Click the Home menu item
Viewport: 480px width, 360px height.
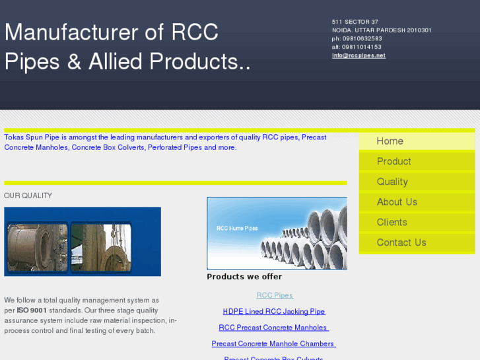(390, 141)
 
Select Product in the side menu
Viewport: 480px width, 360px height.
(394, 162)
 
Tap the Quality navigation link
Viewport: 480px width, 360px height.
(392, 182)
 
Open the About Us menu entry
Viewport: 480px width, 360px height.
(397, 202)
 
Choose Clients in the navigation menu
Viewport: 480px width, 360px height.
(392, 223)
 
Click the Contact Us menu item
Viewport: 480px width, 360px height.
(401, 243)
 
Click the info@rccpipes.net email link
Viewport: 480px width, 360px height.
(359, 55)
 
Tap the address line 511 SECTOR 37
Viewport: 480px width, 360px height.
(355, 22)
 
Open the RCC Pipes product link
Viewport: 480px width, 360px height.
(275, 295)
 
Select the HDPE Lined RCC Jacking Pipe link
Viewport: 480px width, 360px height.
(274, 311)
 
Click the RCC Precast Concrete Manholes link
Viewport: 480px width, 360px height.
(274, 328)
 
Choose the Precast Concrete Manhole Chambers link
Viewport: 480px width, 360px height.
(274, 343)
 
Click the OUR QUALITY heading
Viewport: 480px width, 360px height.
(28, 196)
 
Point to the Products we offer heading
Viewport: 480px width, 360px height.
(244, 277)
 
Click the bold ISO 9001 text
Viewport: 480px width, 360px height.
(32, 310)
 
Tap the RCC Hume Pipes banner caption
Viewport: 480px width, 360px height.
(238, 229)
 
